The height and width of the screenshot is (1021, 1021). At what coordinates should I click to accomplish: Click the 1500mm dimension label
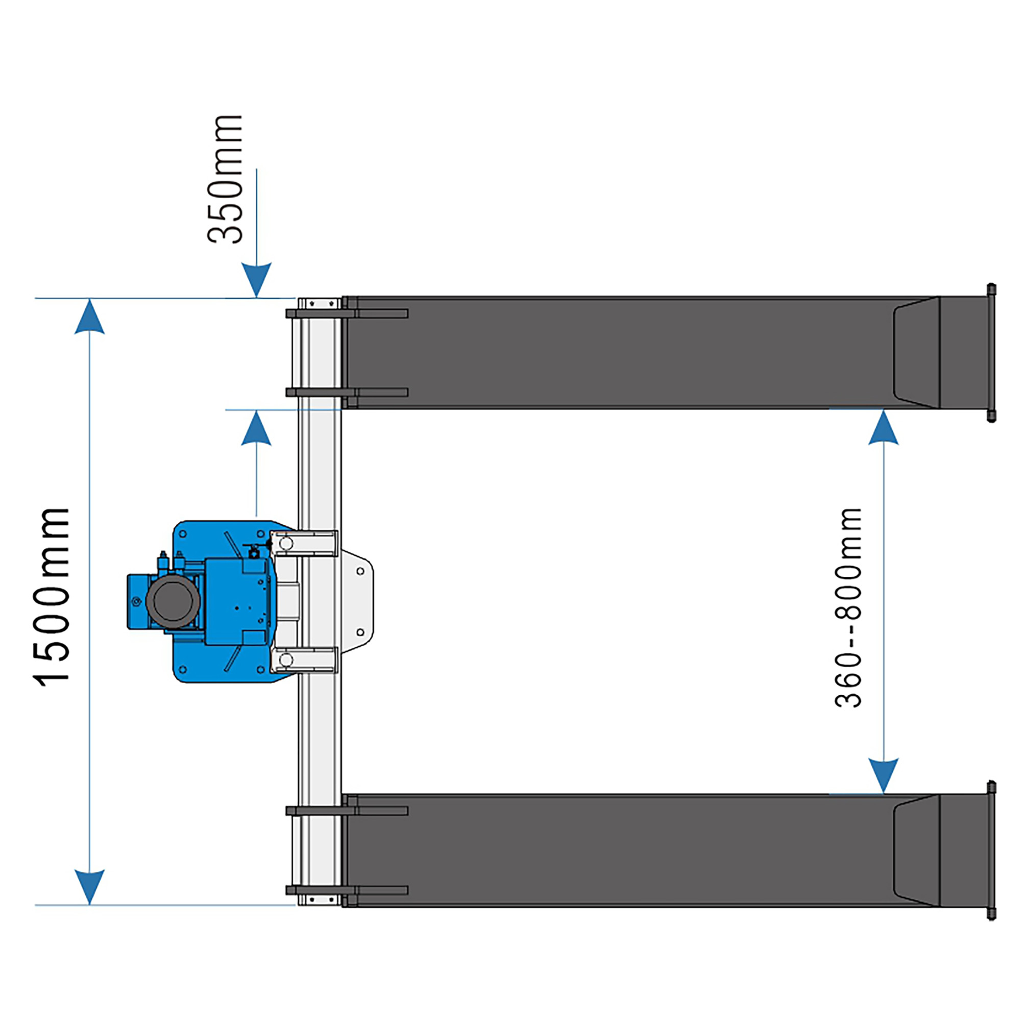pyautogui.click(x=52, y=597)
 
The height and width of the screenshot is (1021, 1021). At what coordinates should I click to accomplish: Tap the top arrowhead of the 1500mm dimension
pyautogui.click(x=89, y=318)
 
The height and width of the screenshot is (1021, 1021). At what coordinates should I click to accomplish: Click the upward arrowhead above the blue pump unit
pyautogui.click(x=256, y=428)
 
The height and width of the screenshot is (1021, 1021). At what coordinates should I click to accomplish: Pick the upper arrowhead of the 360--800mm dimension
pyautogui.click(x=883, y=427)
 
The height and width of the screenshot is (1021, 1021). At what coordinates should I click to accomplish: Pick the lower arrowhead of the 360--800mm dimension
pyautogui.click(x=883, y=775)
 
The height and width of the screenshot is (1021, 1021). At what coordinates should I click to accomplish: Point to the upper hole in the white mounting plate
pyautogui.click(x=360, y=571)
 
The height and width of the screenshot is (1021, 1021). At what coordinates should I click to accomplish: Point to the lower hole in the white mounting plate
pyautogui.click(x=360, y=632)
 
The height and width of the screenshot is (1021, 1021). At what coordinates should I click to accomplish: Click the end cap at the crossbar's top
pyautogui.click(x=317, y=304)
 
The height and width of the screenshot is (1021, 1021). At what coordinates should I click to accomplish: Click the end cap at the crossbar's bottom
pyautogui.click(x=317, y=899)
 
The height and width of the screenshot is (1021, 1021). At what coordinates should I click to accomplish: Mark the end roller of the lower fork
pyautogui.click(x=991, y=850)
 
